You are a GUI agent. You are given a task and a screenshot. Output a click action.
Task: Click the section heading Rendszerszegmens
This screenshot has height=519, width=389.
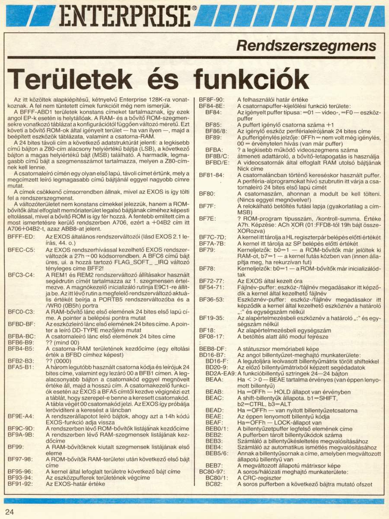pos(306,45)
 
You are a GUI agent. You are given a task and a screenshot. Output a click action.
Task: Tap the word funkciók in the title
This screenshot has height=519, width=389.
pos(251,79)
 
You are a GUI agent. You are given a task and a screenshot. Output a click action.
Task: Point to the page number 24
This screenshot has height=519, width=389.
pos(10,512)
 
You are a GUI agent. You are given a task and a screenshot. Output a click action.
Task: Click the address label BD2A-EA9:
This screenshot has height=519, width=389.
pos(220,373)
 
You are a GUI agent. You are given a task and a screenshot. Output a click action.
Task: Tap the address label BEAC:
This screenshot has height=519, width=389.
pos(214,397)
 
